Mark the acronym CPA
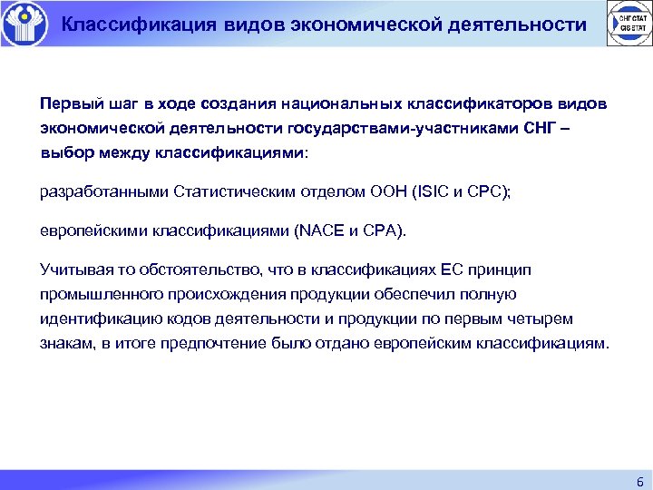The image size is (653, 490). (380, 230)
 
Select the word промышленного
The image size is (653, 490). (100, 294)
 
